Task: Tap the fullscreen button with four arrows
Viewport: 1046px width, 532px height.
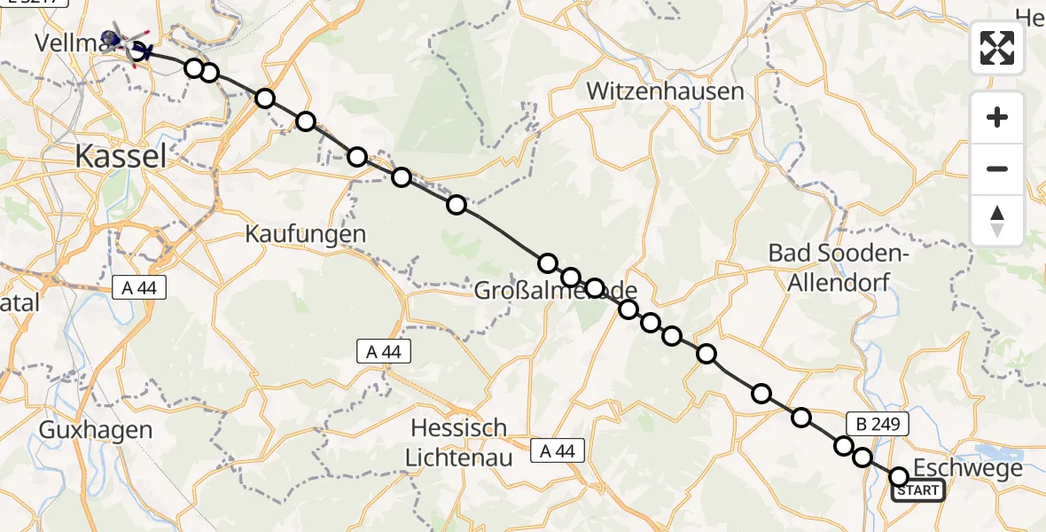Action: click(x=997, y=48)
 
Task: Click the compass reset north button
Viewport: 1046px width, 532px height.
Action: click(x=997, y=220)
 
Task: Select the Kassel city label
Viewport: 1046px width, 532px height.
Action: click(x=121, y=157)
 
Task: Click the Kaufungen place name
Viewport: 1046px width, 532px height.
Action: click(x=306, y=234)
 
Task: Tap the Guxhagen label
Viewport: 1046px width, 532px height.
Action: click(x=96, y=430)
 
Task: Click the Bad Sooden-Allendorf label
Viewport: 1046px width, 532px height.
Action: click(x=839, y=267)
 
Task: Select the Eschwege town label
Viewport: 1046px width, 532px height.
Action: click(x=967, y=468)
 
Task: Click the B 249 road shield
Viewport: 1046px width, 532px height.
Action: click(x=878, y=424)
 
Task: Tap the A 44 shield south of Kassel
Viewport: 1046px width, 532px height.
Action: click(x=139, y=288)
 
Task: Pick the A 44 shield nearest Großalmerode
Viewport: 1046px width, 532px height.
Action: click(x=384, y=351)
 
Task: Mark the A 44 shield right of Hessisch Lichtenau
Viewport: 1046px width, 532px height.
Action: click(x=558, y=451)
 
